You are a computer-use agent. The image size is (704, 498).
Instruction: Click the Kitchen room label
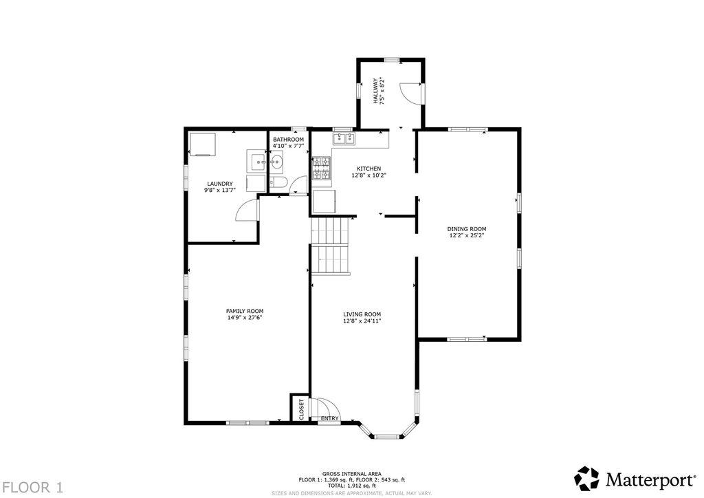(x=368, y=169)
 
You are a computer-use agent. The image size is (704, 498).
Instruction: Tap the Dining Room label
(x=467, y=229)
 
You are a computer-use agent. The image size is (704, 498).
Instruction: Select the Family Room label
(x=245, y=311)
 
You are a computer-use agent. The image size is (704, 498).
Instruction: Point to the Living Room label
(x=362, y=314)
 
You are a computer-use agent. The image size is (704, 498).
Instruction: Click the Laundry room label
(x=220, y=184)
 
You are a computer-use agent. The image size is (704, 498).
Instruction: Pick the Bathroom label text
(x=288, y=140)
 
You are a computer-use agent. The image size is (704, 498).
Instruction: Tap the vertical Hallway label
(x=375, y=91)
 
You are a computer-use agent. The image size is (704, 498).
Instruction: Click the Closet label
(x=301, y=409)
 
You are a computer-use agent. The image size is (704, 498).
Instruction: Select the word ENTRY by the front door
(x=330, y=418)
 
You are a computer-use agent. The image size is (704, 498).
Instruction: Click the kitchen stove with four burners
(x=322, y=169)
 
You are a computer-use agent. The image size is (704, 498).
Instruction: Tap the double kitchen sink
(x=344, y=138)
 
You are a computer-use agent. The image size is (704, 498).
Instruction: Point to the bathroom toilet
(x=278, y=182)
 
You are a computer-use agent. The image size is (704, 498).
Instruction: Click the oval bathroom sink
(x=276, y=161)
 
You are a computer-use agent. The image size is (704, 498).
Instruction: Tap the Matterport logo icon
(x=587, y=479)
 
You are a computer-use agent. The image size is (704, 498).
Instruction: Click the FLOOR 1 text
(x=33, y=487)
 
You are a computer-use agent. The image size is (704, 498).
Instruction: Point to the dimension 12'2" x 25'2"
(x=467, y=235)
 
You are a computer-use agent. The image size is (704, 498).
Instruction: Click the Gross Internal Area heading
(x=351, y=474)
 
